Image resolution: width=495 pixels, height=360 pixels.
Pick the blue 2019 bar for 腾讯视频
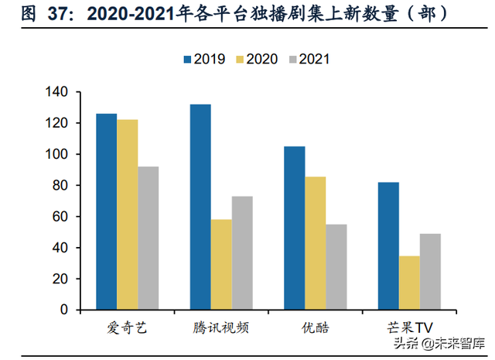click(x=200, y=207)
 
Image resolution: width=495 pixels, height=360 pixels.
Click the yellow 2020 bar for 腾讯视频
click(x=221, y=264)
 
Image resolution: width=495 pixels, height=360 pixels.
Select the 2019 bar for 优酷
click(x=294, y=228)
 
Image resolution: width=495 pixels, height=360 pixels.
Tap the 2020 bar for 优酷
click(x=315, y=243)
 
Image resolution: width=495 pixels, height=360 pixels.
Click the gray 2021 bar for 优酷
click(x=336, y=266)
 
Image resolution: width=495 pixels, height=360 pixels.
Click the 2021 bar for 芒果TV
click(x=430, y=272)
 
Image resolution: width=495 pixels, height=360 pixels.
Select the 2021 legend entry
click(x=309, y=58)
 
